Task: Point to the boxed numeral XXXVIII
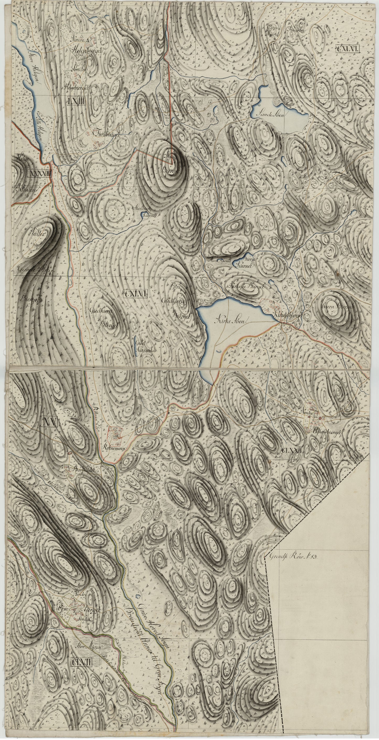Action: coord(40,173)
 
